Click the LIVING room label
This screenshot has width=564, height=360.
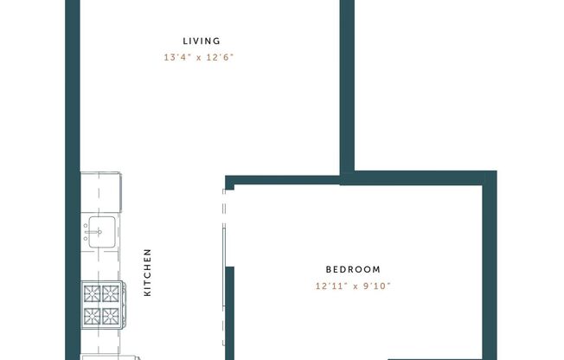pyautogui.click(x=202, y=41)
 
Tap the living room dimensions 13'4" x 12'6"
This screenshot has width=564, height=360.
pyautogui.click(x=201, y=58)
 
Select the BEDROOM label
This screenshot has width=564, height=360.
pyautogui.click(x=353, y=269)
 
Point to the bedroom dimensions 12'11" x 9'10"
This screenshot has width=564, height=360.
pyautogui.click(x=353, y=286)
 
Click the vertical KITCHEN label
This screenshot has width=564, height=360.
pyautogui.click(x=148, y=273)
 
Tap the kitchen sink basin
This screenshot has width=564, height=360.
pyautogui.click(x=100, y=232)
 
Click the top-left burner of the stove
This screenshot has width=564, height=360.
pyautogui.click(x=91, y=292)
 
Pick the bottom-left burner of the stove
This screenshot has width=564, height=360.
pyautogui.click(x=91, y=315)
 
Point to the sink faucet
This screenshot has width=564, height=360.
pyautogui.click(x=88, y=232)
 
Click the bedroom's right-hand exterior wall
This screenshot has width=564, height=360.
pyautogui.click(x=490, y=260)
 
